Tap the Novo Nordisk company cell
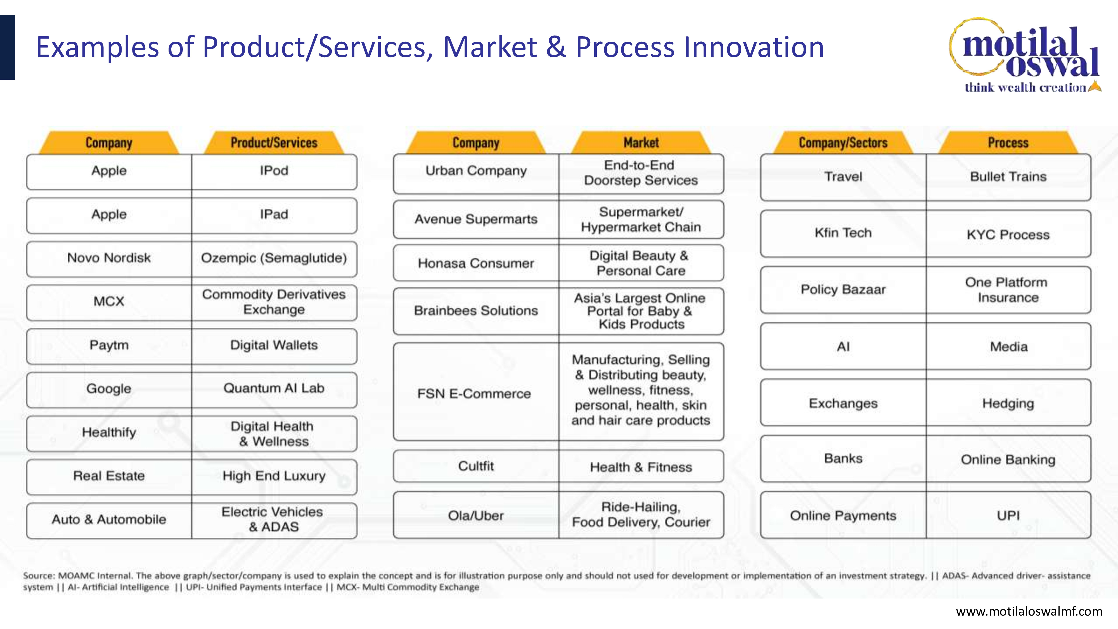pos(109,259)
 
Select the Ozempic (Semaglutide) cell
pos(274,259)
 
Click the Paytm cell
pos(109,346)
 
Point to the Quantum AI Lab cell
pos(274,389)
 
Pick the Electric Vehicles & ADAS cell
pos(274,520)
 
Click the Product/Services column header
pos(274,142)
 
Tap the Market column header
pos(641,142)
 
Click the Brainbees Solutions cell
pos(476,311)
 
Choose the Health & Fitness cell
pos(641,466)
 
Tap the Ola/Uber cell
pos(476,515)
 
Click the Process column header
pos(1008,142)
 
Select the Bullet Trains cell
pos(1008,177)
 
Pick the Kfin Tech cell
pos(843,233)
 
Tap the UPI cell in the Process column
pos(1008,515)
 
